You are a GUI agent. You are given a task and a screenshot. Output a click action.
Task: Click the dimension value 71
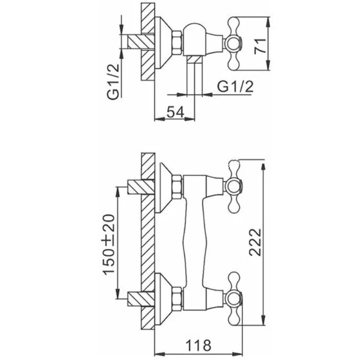point(260,47)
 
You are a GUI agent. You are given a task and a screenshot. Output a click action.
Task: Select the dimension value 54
point(175,112)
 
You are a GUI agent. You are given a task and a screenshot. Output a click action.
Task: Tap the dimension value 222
point(255,242)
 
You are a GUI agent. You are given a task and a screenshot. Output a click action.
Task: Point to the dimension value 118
point(198,345)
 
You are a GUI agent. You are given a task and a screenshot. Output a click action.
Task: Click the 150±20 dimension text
point(109,245)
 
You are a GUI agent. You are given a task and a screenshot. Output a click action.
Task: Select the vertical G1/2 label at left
point(114,82)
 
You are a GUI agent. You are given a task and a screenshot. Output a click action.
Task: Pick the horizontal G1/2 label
point(235,87)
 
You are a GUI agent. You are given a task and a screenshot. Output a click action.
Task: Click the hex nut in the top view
point(177,43)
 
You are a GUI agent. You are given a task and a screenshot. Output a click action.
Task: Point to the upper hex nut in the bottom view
point(177,187)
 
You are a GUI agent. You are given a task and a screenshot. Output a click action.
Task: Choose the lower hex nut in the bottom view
point(177,299)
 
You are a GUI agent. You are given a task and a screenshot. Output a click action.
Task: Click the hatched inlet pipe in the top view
point(141,42)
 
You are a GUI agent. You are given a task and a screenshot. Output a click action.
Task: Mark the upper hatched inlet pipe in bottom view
point(141,187)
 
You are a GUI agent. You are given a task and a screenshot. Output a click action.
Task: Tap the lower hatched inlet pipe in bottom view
point(141,299)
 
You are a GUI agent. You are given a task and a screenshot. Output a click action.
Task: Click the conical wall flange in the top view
point(163,43)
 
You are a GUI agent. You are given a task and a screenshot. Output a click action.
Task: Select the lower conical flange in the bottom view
point(163,299)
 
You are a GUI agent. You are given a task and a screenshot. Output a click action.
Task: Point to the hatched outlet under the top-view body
point(194,59)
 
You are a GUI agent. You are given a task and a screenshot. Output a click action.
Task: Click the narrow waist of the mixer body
point(194,244)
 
